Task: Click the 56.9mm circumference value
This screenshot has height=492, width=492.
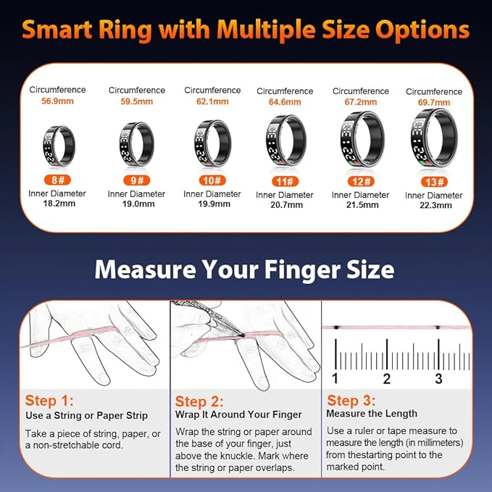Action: coord(58,101)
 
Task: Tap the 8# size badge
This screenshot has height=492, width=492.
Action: coord(58,180)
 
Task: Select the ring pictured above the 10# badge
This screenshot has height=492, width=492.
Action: coord(212,143)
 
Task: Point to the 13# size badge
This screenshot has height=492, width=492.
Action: coord(434,182)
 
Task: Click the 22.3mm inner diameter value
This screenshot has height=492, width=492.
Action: coord(435,205)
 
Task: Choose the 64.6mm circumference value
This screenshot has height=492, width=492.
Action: coord(285,102)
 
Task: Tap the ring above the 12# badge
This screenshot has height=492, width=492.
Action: coord(362,139)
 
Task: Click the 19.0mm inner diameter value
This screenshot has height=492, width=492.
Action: coord(138,204)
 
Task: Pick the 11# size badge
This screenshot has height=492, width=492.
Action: coord(285,181)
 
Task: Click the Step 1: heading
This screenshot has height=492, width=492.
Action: coord(49,401)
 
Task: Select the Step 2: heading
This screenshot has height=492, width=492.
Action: coord(199,401)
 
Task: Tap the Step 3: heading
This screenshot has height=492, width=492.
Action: coord(351,401)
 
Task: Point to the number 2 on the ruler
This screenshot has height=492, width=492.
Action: coord(387,379)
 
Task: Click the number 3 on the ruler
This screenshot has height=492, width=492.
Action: coord(438,379)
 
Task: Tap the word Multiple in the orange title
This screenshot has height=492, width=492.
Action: coord(266,30)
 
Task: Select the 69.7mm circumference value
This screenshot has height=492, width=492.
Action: coord(434,102)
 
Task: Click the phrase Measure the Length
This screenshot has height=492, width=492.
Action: coord(372,414)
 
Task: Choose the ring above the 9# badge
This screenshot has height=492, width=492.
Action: coord(137,144)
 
